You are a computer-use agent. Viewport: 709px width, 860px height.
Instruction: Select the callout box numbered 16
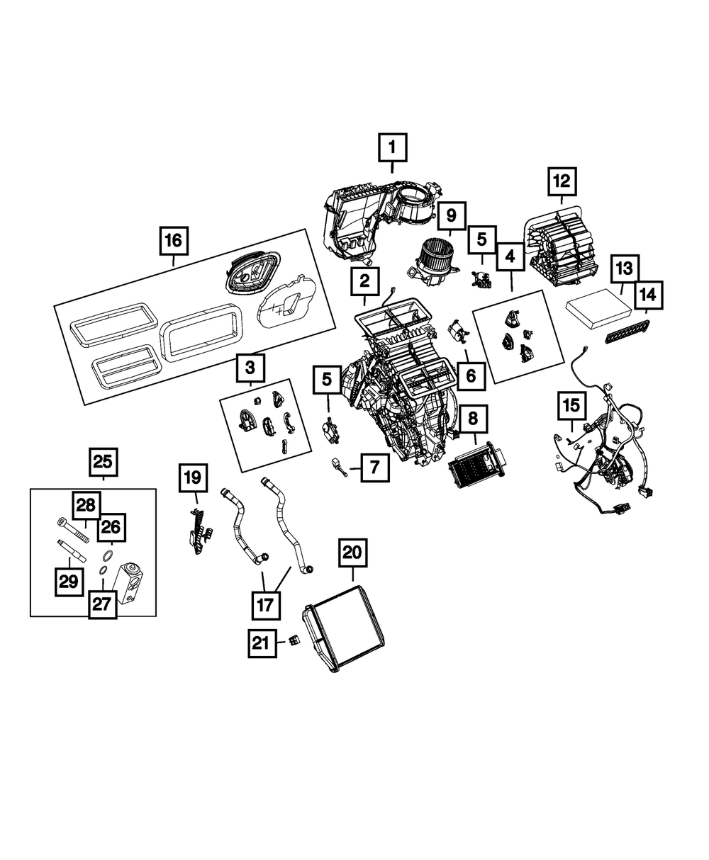173,241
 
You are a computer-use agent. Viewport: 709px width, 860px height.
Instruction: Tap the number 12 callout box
561,181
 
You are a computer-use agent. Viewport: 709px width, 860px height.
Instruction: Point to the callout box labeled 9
452,215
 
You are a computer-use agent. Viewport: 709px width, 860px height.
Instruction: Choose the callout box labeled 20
353,553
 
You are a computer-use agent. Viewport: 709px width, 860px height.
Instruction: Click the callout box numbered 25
103,463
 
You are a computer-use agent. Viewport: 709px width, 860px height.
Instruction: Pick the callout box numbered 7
374,468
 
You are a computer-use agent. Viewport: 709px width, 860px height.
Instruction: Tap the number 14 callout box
648,294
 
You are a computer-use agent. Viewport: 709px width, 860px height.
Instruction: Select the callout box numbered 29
68,582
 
